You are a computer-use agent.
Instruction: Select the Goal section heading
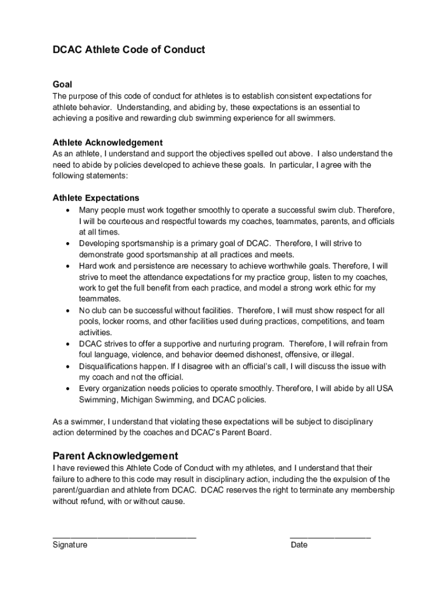(x=62, y=84)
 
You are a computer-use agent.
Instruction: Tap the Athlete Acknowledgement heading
(x=108, y=143)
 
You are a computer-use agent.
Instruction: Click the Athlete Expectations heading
(x=96, y=198)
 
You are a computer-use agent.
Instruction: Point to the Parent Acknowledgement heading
(x=115, y=455)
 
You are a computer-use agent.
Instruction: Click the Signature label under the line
(x=70, y=545)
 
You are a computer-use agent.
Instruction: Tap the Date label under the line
(x=299, y=545)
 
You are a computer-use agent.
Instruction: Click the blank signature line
(x=124, y=537)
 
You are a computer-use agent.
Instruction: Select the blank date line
(x=330, y=537)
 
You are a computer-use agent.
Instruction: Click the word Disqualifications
(x=111, y=367)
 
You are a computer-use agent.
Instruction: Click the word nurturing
(x=236, y=344)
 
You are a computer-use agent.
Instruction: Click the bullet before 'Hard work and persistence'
(x=69, y=266)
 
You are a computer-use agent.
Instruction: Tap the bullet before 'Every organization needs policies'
(x=69, y=389)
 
